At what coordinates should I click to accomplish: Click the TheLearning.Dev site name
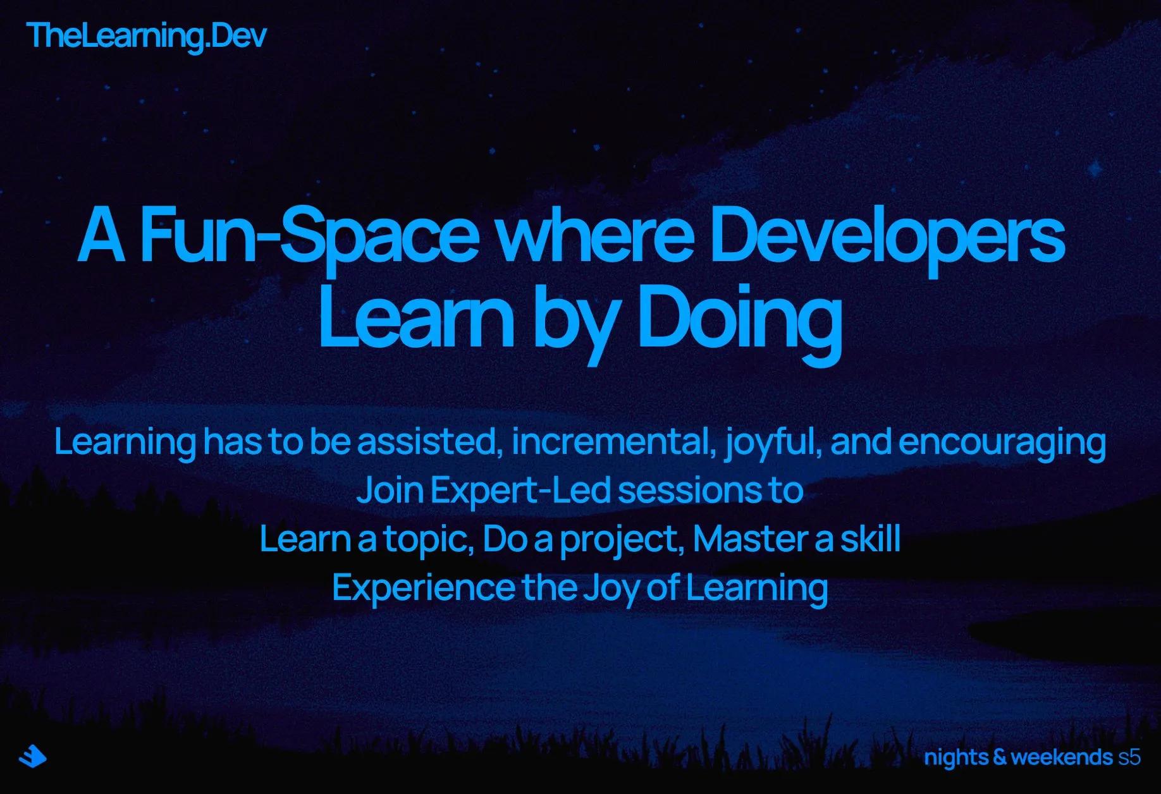[x=147, y=35]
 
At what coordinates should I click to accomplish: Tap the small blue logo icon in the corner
[x=33, y=756]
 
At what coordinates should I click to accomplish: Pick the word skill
[x=870, y=539]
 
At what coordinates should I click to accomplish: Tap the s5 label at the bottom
[x=1129, y=757]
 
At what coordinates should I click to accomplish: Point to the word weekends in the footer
[x=1062, y=757]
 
